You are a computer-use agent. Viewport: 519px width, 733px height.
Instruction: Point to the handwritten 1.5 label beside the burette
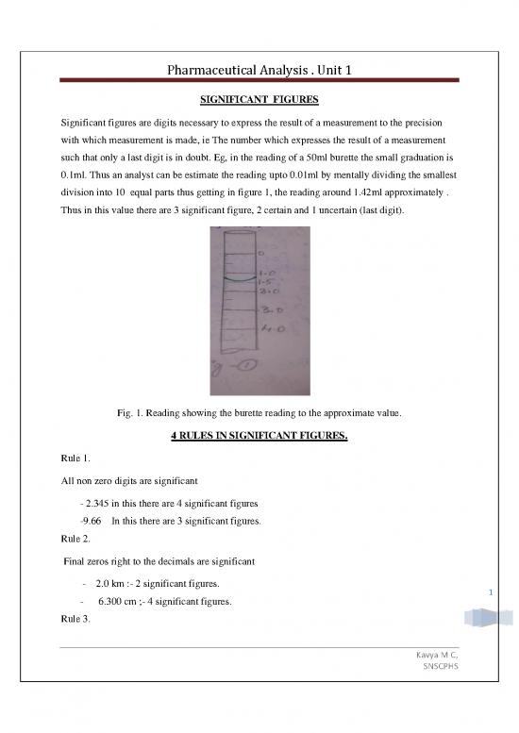tap(264, 281)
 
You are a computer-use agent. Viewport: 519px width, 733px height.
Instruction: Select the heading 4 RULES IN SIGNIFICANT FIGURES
tap(259, 437)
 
